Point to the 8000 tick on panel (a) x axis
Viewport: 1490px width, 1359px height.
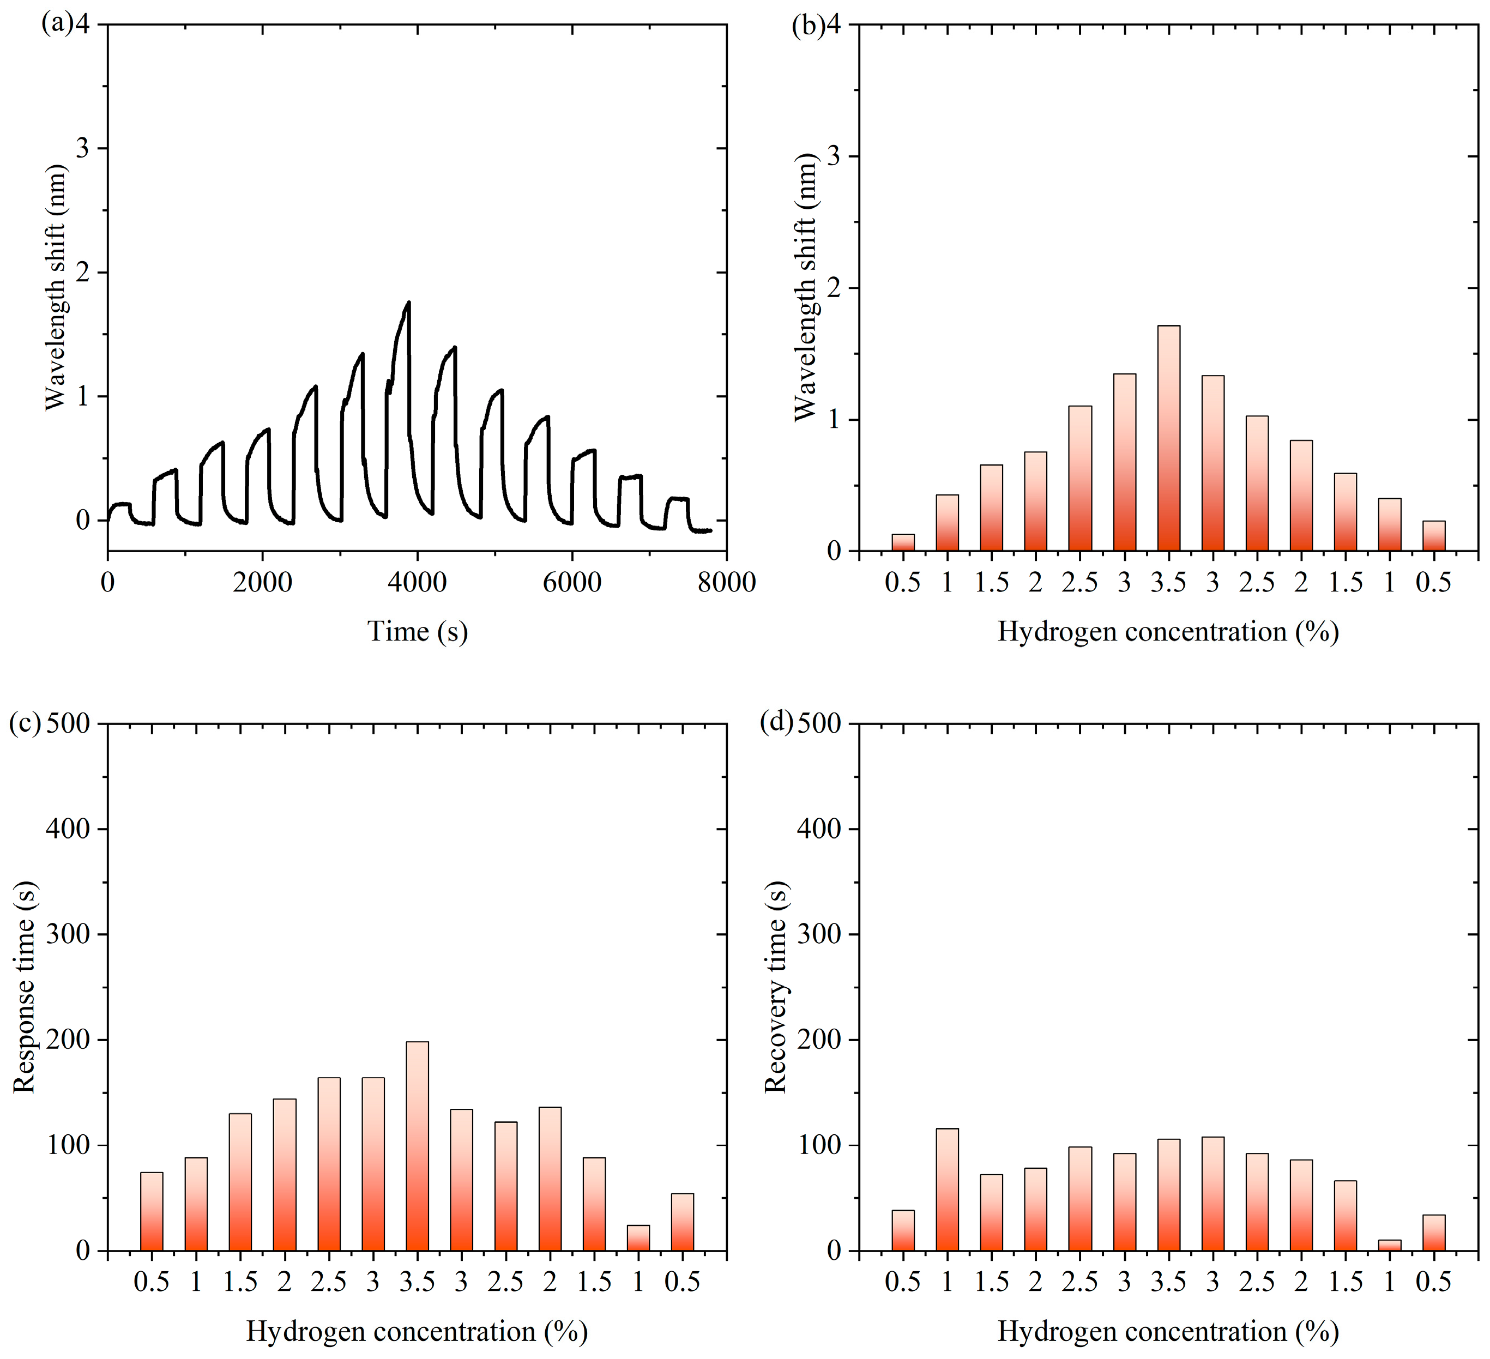[726, 582]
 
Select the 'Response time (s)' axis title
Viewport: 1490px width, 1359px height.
[25, 987]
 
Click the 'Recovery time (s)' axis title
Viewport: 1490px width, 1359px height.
[775, 987]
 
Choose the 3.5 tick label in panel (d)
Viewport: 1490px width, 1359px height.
[1168, 1281]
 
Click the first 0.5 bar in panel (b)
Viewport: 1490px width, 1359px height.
[902, 543]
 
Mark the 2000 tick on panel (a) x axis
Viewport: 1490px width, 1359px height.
[262, 582]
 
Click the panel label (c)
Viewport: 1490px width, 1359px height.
[25, 724]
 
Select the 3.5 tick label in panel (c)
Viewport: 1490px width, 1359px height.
[417, 1281]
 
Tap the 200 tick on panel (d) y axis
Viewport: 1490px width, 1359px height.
[821, 1040]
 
